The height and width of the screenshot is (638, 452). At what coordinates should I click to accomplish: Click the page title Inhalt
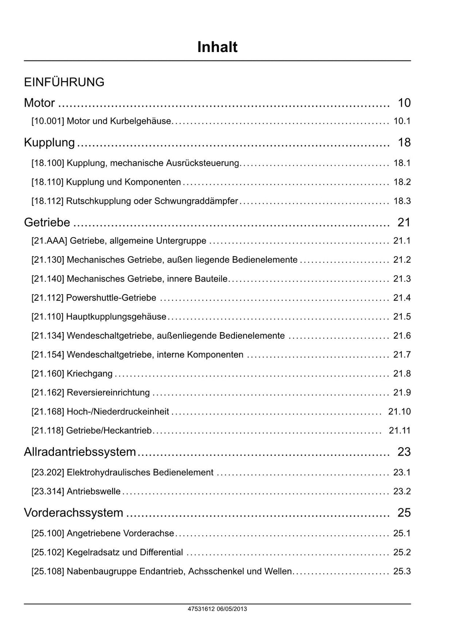217,47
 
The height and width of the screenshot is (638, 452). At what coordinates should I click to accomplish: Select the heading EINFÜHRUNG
64,82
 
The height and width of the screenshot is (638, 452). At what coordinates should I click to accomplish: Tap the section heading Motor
39,103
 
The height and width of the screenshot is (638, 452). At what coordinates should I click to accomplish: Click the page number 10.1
402,121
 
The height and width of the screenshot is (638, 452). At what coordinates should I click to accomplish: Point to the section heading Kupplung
49,142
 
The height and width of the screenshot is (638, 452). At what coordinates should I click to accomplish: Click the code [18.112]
47,201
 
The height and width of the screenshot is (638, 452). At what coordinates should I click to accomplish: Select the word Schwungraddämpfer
196,201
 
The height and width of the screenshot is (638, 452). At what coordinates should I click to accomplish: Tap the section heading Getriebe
47,222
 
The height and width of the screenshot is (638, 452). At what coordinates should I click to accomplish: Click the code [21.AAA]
49,241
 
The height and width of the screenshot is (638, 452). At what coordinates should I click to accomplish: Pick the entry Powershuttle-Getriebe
111,298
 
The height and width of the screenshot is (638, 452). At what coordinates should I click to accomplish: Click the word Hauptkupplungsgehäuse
116,317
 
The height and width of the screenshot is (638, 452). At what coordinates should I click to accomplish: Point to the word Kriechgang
90,373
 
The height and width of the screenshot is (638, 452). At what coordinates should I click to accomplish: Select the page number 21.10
399,411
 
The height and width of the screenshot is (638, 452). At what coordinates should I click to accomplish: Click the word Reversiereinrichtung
108,392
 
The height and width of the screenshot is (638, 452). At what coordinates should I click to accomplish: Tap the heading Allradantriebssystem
80,452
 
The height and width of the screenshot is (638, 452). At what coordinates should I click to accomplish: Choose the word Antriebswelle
94,491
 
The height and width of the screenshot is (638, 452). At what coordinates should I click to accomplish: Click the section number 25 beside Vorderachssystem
404,512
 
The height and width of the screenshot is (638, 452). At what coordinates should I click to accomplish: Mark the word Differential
161,552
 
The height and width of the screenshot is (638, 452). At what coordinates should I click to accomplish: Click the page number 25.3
402,571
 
